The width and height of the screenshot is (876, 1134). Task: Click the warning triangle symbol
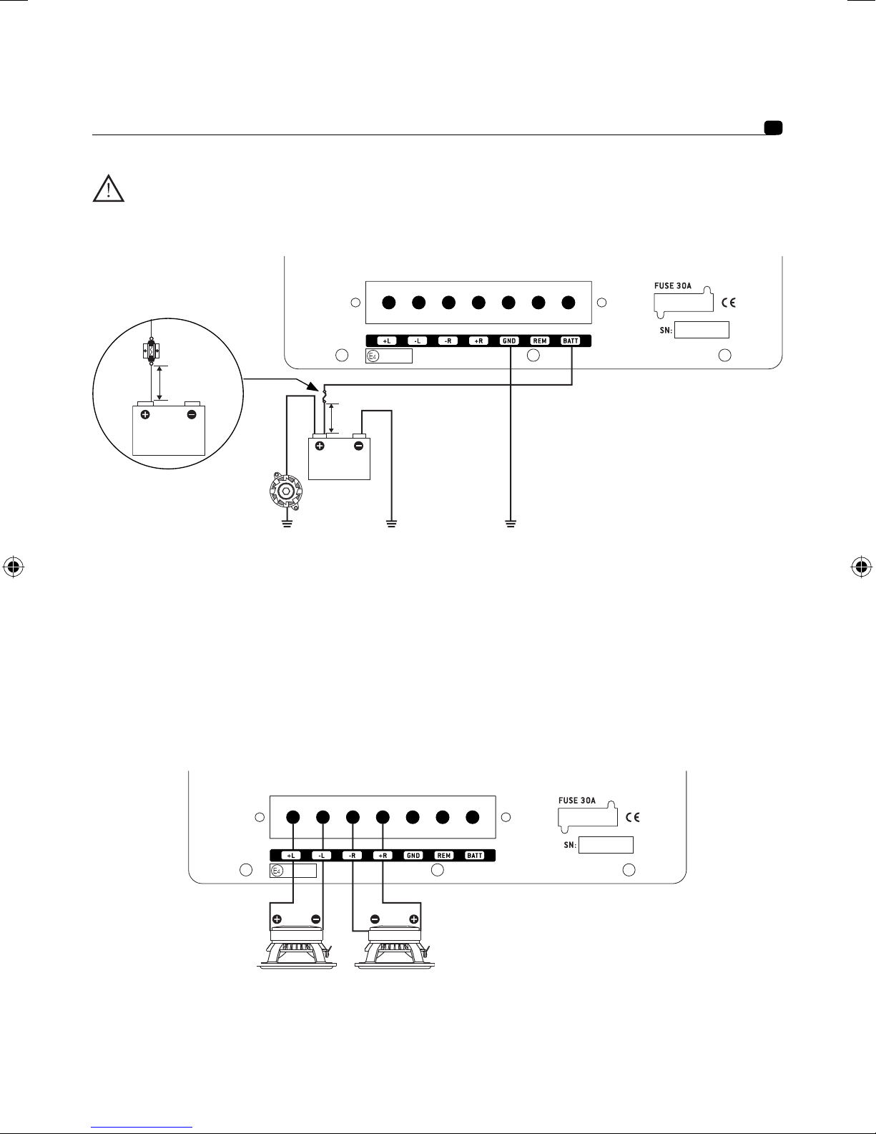point(109,188)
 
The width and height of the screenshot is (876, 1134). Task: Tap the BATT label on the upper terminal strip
point(571,341)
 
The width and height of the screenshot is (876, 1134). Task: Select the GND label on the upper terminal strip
point(509,341)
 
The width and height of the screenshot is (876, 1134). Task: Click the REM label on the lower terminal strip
point(444,855)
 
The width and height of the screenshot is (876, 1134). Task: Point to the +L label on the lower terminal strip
point(291,855)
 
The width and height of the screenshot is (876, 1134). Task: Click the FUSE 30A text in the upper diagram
point(673,286)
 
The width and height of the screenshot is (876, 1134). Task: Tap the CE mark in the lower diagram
point(632,817)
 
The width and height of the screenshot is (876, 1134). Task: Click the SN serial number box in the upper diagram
point(702,330)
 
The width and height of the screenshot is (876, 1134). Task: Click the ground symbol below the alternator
point(287,524)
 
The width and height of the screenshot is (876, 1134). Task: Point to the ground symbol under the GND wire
point(511,524)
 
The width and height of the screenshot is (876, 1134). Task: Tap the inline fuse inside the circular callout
point(151,351)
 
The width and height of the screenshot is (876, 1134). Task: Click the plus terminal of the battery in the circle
point(145,414)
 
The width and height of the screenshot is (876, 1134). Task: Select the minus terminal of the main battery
point(359,446)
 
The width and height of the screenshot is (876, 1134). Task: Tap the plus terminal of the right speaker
point(413,919)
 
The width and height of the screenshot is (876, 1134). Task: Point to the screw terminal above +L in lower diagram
point(293,817)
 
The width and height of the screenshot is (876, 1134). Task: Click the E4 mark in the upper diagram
point(373,356)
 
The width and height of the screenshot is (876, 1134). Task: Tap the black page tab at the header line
point(773,128)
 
